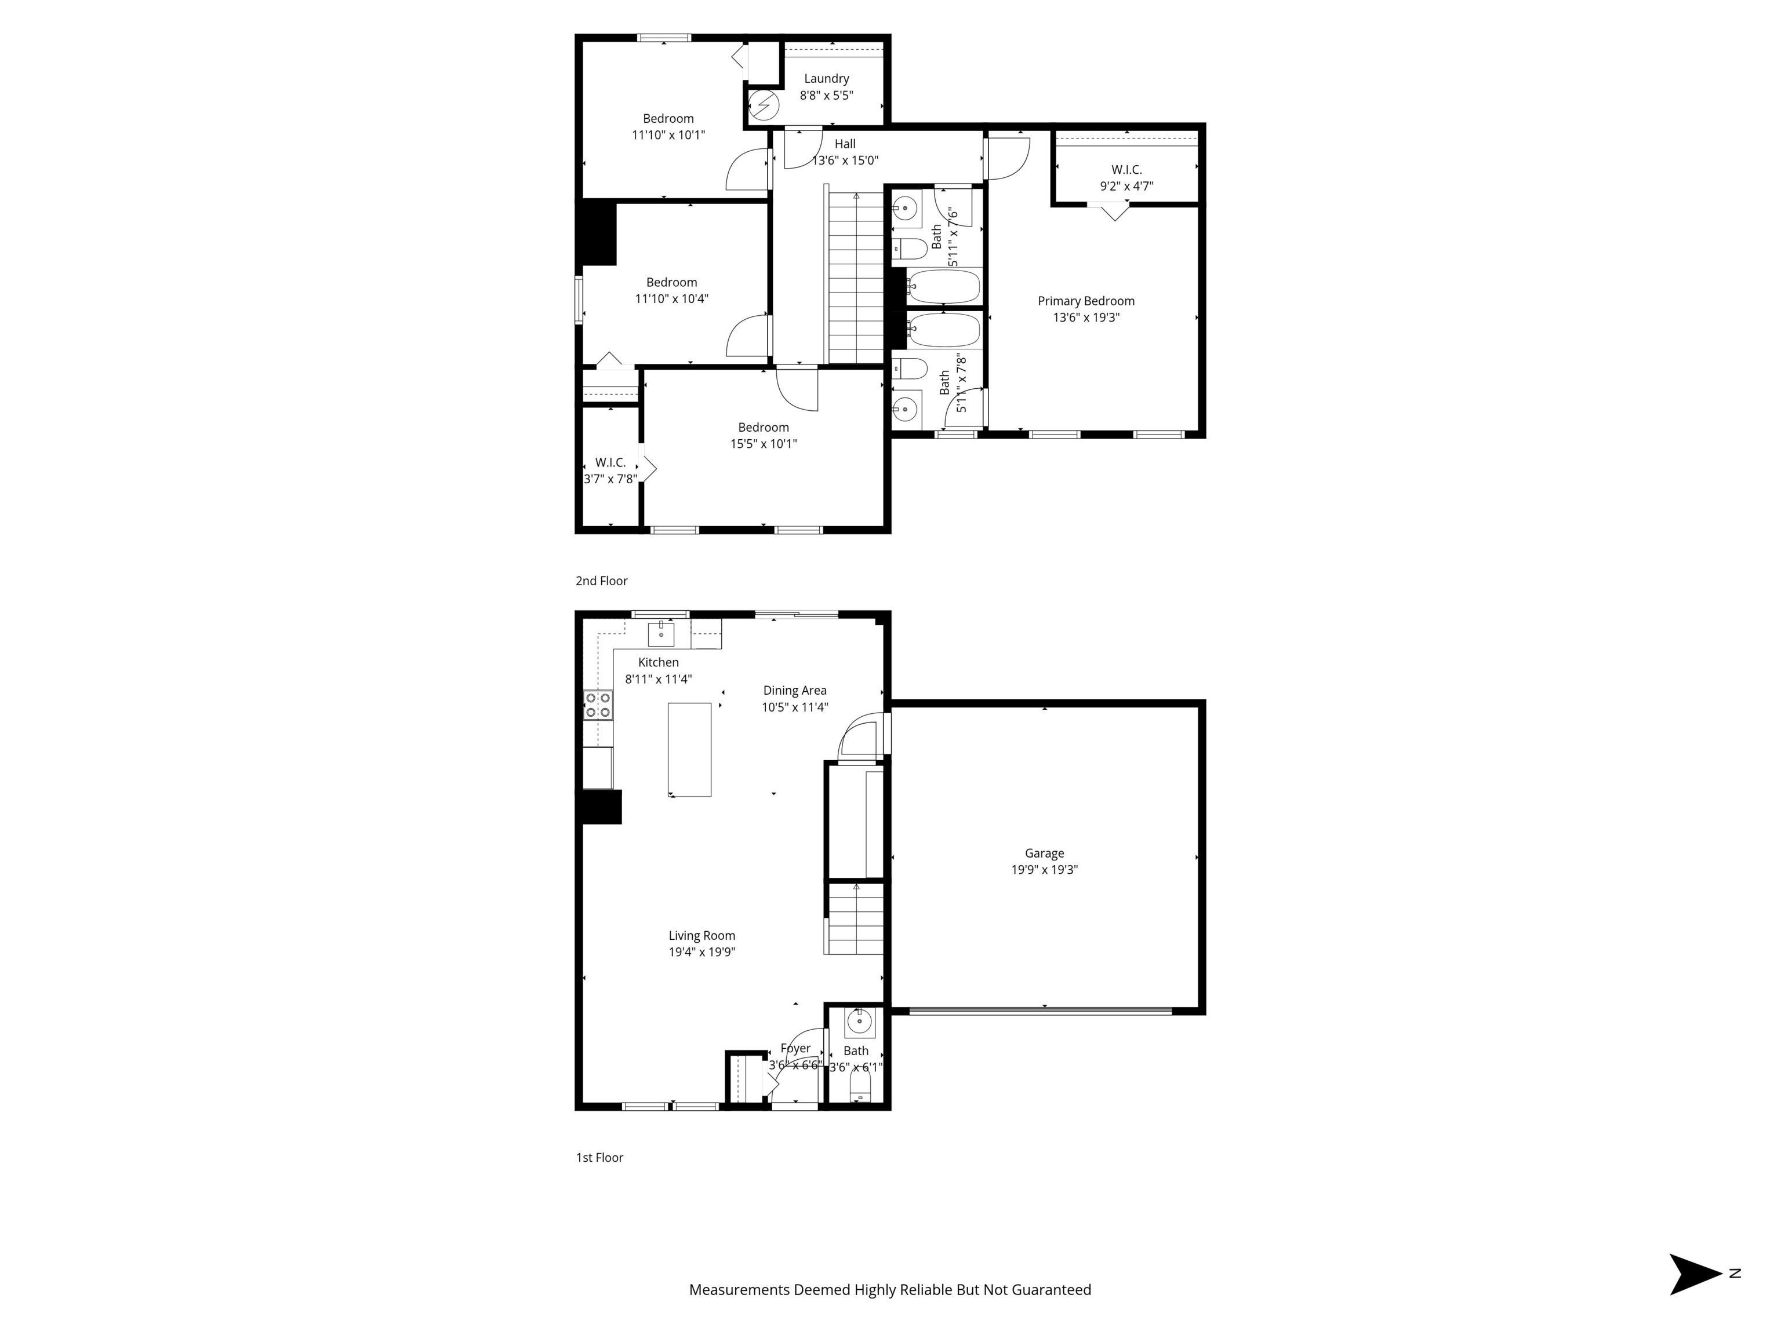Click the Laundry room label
(x=826, y=79)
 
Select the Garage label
(x=1044, y=854)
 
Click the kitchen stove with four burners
(x=598, y=705)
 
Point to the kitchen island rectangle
(x=689, y=750)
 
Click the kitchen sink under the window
(x=661, y=634)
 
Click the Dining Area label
(x=795, y=691)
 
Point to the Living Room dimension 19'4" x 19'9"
(x=702, y=953)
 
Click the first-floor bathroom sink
(x=860, y=1023)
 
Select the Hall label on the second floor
(x=845, y=144)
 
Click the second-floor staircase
(x=855, y=278)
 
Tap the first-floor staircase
(x=855, y=918)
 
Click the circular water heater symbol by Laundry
(x=764, y=105)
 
